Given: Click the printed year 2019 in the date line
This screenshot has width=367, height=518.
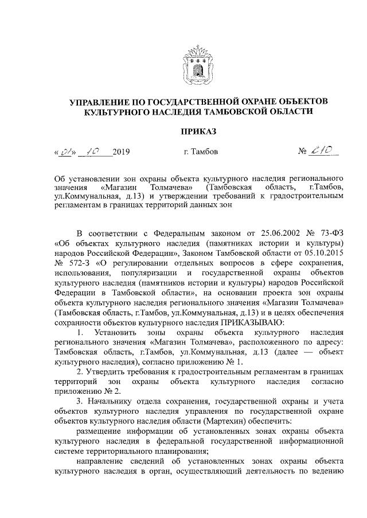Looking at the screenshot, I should pyautogui.click(x=122, y=152).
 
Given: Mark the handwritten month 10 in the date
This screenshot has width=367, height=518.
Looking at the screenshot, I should pyautogui.click(x=92, y=151).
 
